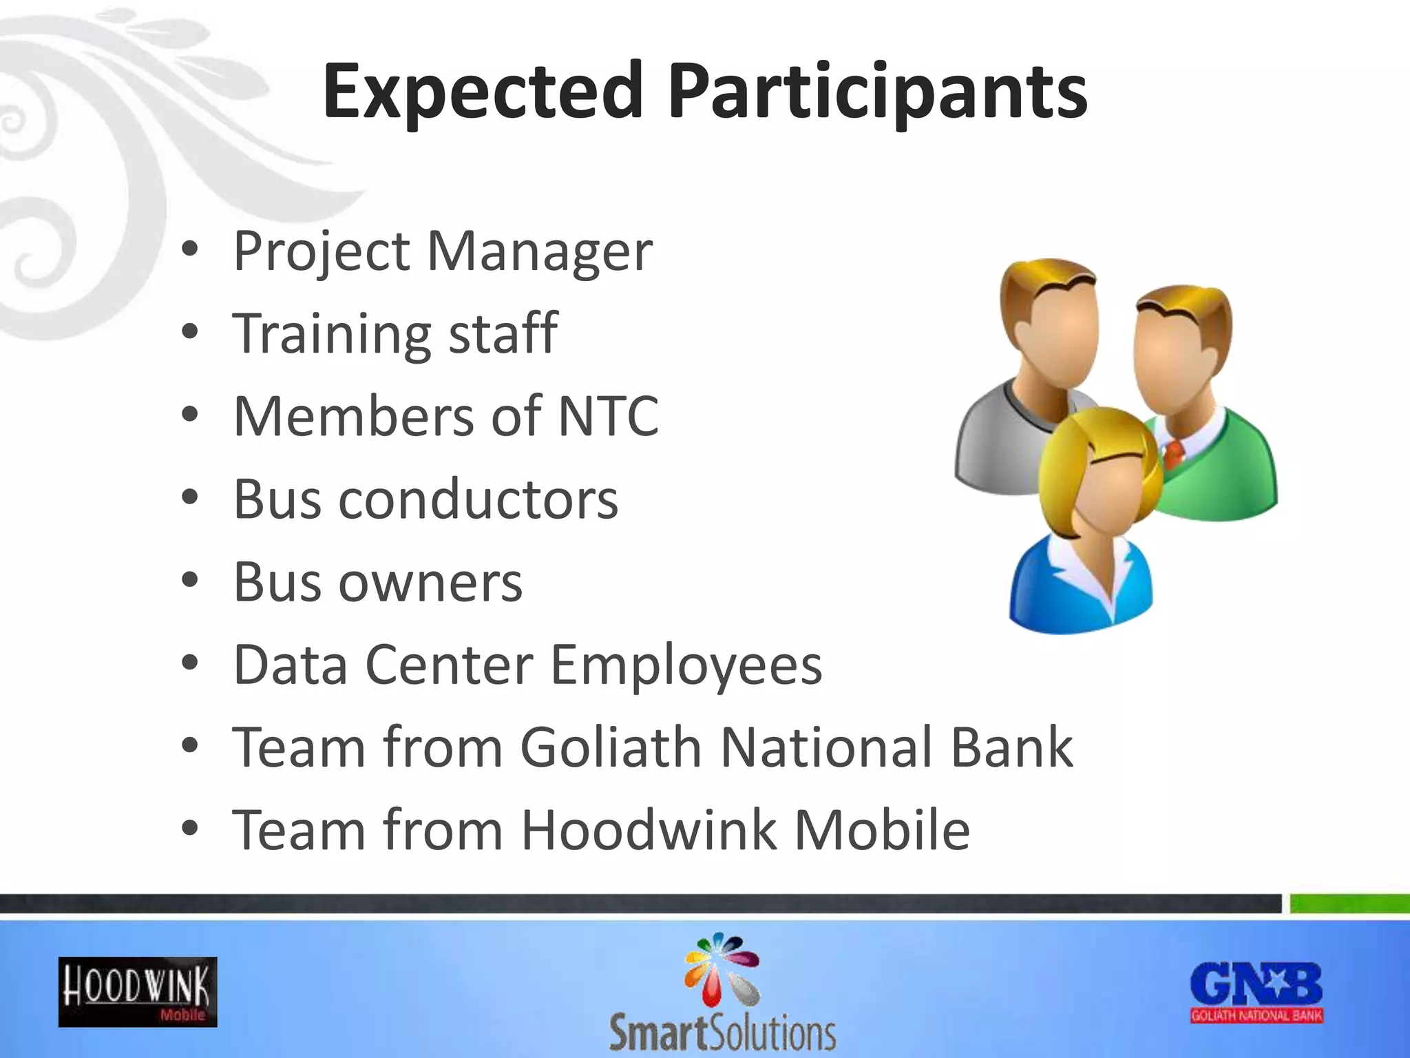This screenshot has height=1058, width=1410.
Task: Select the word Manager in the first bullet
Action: (539, 252)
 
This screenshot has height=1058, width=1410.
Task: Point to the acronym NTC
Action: (608, 417)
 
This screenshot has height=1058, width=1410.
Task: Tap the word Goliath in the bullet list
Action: (610, 747)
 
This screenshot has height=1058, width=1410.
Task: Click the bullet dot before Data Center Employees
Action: (190, 663)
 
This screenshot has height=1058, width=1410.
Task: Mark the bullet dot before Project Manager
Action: (190, 250)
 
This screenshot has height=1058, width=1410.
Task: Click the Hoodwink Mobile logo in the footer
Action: (138, 992)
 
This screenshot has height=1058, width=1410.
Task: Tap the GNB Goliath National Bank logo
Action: (1256, 992)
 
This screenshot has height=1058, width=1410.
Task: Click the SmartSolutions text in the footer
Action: (722, 1033)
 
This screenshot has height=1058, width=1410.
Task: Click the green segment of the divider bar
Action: (1349, 903)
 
